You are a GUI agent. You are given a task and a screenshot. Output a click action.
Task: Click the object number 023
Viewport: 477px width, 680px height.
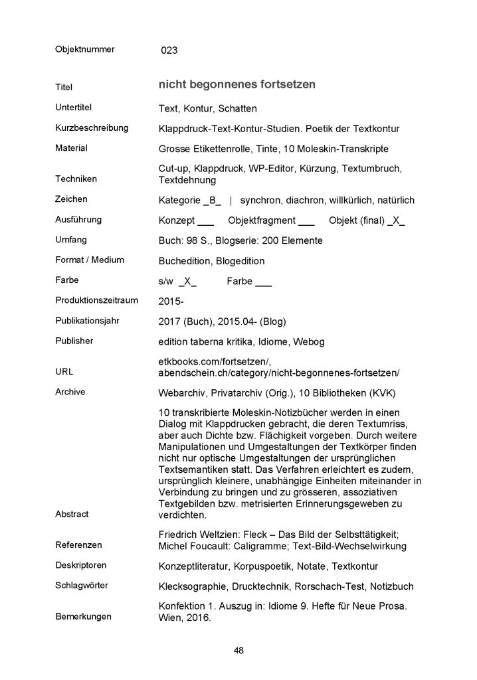(x=169, y=50)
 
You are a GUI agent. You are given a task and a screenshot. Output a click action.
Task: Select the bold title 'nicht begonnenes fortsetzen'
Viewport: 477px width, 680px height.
(x=237, y=84)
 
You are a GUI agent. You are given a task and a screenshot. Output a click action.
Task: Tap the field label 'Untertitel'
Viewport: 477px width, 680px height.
(x=73, y=107)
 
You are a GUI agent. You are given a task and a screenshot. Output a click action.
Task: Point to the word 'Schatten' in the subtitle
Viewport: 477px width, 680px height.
(x=237, y=108)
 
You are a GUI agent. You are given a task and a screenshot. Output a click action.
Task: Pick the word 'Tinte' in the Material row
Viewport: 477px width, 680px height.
(x=260, y=149)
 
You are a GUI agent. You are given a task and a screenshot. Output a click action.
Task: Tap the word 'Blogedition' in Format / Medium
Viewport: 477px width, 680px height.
(x=238, y=261)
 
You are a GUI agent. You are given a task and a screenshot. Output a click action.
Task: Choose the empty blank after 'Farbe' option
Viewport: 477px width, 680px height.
(x=263, y=283)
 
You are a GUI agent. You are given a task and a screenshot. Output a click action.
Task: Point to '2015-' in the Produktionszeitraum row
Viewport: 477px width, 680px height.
(x=171, y=301)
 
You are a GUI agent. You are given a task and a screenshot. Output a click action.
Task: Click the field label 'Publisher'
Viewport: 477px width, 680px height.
(x=74, y=341)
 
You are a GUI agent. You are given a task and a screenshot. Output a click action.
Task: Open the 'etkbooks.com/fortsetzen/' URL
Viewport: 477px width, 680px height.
(x=215, y=360)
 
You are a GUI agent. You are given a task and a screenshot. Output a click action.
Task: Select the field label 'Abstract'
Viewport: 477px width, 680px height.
(x=72, y=514)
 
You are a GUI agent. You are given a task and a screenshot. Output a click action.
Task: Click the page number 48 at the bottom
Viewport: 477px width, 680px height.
(x=238, y=651)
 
